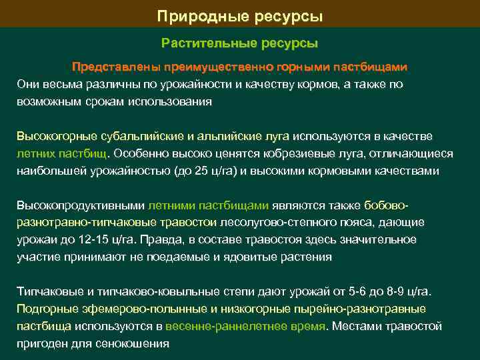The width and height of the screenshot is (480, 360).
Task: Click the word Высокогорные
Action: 52,136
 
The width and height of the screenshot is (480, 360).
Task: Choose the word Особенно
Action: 139,153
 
